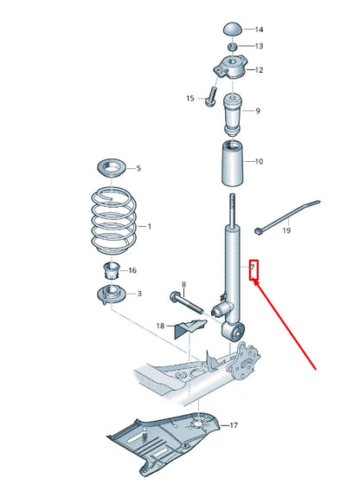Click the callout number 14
point(258,29)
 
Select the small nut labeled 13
point(233,46)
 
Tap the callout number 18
point(159,326)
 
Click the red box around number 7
point(254,269)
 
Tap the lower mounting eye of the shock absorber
point(235,330)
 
